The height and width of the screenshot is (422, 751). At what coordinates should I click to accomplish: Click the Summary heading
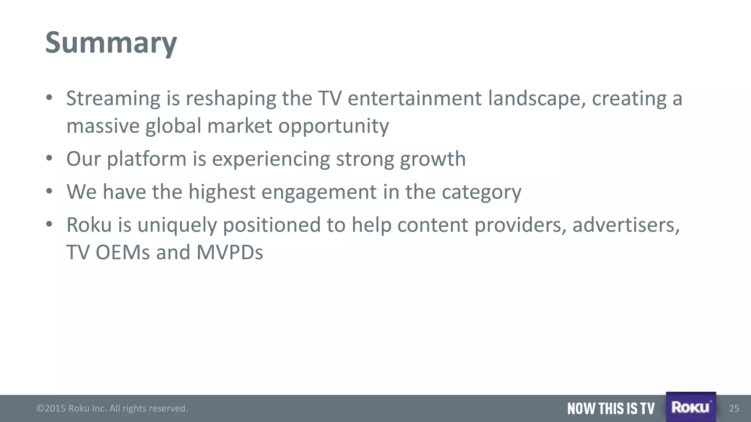(x=111, y=43)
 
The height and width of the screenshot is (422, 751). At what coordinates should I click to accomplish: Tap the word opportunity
(x=333, y=126)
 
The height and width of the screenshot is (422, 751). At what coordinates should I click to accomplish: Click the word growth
(x=433, y=159)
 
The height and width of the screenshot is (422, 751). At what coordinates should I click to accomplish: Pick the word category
(x=481, y=192)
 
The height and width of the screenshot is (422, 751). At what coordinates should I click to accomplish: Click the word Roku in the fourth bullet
(x=89, y=225)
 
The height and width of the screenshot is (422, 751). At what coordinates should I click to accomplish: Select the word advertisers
(x=626, y=225)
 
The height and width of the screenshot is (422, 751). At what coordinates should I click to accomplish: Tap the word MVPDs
(x=230, y=252)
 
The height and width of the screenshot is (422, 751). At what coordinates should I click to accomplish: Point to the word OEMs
(x=123, y=252)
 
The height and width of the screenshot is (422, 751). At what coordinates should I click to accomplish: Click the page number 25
(x=734, y=408)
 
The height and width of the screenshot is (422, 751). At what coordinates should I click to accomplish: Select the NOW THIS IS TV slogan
(x=611, y=408)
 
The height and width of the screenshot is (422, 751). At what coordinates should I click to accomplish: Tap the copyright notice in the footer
(x=112, y=408)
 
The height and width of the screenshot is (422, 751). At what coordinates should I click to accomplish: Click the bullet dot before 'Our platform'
(x=50, y=159)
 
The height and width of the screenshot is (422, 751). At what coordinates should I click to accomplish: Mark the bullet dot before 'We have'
(x=50, y=192)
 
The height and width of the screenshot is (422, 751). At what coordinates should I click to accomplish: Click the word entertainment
(x=414, y=99)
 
